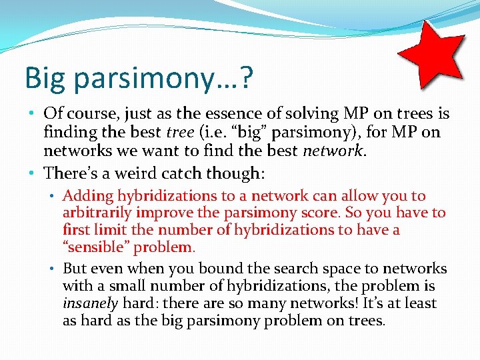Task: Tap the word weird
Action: tap(127, 173)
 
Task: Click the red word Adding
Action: tap(88, 196)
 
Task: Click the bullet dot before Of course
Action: tap(33, 115)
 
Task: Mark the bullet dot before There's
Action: tap(33, 174)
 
